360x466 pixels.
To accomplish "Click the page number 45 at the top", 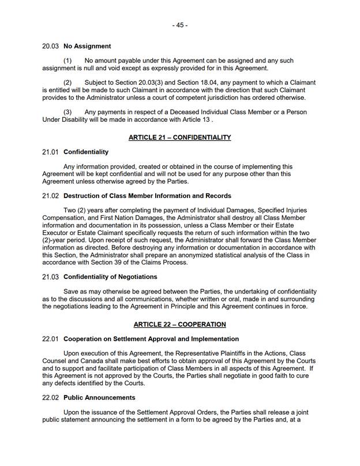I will point(179,25).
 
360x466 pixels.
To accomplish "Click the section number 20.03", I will point(51,46).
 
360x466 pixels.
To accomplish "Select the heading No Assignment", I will point(87,46).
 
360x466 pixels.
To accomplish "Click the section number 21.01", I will point(51,152).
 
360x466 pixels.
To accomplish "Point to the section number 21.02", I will point(51,196).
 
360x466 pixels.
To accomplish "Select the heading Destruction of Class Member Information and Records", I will point(147,196).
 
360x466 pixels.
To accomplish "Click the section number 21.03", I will point(51,277).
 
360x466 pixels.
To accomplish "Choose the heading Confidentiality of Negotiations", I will point(110,277).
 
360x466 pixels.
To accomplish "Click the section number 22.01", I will point(51,338).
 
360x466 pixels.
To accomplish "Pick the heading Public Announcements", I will point(99,397).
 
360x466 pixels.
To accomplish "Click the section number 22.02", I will point(51,397).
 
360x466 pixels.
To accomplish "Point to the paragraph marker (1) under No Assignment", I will point(67,61).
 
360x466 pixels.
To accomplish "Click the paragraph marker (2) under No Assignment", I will point(67,83).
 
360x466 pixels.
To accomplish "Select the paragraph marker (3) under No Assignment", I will point(67,112).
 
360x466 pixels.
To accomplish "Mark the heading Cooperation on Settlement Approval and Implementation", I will point(151,338).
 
